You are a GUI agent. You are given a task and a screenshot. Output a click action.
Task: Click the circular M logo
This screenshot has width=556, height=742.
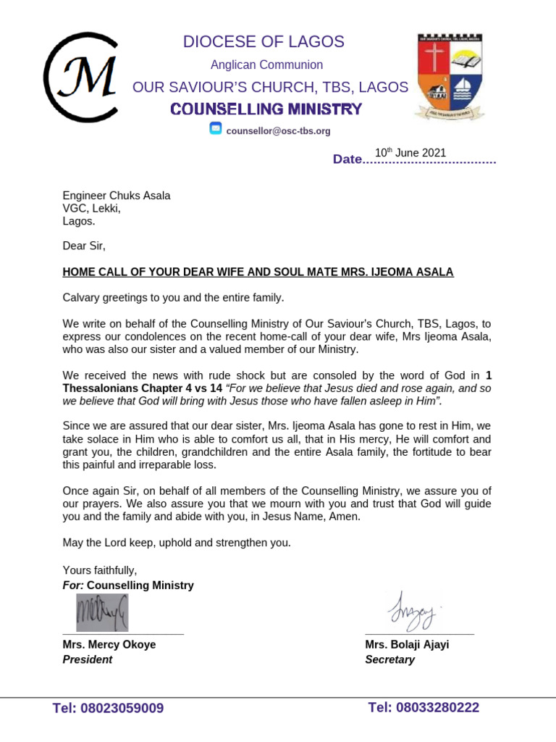pyautogui.click(x=80, y=77)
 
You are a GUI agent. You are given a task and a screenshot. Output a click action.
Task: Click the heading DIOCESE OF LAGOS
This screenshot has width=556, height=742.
pyautogui.click(x=264, y=42)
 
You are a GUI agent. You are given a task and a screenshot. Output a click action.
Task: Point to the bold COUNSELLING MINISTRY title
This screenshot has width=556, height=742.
pyautogui.click(x=266, y=109)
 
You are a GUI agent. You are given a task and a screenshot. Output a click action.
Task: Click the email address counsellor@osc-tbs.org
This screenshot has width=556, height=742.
pyautogui.click(x=278, y=131)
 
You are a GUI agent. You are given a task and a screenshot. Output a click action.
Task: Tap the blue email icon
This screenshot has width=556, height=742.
pyautogui.click(x=216, y=130)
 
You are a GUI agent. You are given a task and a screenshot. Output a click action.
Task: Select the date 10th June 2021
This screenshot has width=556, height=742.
pyautogui.click(x=410, y=153)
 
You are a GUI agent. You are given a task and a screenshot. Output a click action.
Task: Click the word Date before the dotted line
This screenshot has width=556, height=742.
pyautogui.click(x=346, y=159)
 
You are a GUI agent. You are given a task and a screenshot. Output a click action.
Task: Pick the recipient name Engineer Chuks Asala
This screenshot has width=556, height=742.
pyautogui.click(x=117, y=196)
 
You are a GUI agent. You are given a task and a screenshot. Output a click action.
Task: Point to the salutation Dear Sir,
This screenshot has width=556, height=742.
pyautogui.click(x=84, y=246)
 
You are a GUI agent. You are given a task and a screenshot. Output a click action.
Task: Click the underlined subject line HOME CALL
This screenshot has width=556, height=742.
pyautogui.click(x=258, y=272)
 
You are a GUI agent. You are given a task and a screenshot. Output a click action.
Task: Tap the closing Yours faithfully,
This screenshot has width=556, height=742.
pyautogui.click(x=99, y=570)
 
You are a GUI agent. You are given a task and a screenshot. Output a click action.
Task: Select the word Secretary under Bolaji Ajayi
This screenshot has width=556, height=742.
pyautogui.click(x=389, y=659)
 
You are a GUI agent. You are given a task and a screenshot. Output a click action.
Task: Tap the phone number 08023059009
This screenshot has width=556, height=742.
pyautogui.click(x=108, y=708)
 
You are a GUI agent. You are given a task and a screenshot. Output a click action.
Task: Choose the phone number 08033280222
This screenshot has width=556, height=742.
pyautogui.click(x=424, y=707)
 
